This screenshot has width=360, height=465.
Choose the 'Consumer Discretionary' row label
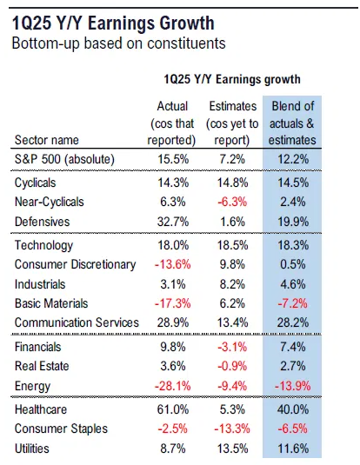coord(76,264)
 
